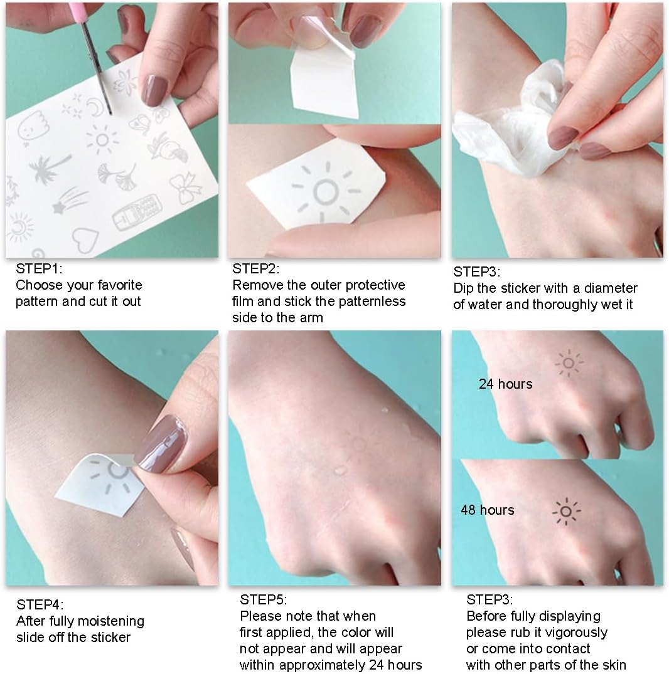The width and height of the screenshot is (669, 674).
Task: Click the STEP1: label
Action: point(39,269)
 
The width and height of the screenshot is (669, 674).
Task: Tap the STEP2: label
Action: point(255,269)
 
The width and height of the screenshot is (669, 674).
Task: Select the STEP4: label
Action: point(40,605)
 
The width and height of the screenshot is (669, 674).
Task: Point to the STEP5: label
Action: point(264,599)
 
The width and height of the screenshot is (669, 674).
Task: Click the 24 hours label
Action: point(505,384)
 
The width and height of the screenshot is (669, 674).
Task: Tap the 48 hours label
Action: point(488,510)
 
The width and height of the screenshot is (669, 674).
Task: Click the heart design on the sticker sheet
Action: point(85,240)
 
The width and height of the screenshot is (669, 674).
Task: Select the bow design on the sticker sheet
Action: point(186,187)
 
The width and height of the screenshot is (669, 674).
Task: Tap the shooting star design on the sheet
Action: point(70,200)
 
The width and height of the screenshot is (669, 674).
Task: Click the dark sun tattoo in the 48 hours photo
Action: point(566,511)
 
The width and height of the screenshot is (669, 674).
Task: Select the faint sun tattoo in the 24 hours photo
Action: point(569,363)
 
